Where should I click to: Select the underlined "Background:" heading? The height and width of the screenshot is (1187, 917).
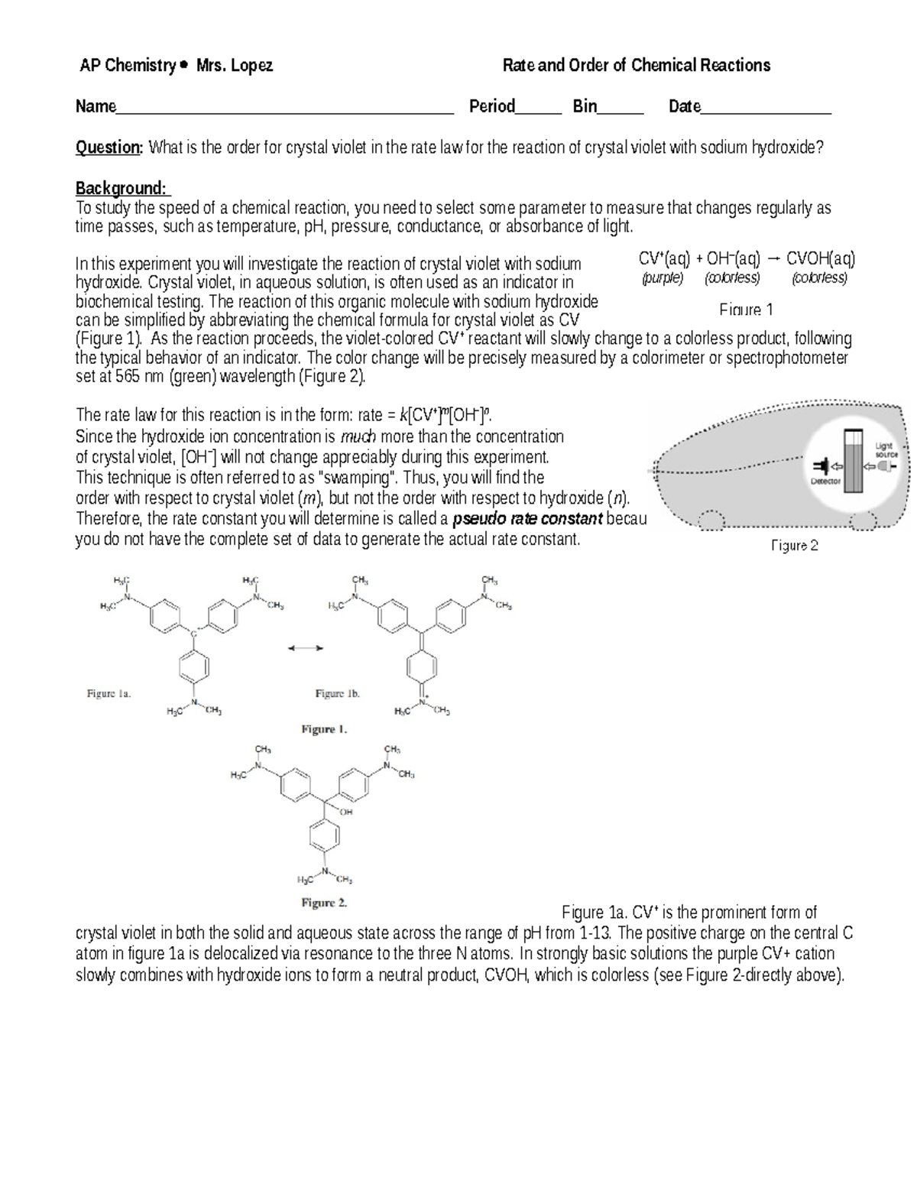[122, 188]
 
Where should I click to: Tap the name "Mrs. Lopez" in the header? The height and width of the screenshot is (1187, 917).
[235, 66]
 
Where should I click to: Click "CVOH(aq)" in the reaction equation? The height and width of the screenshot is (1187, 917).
[821, 258]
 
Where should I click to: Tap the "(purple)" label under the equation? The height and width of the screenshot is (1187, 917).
[663, 278]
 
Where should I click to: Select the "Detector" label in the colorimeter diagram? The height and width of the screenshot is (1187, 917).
[825, 482]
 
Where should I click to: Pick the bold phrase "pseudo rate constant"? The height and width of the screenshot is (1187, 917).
[527, 520]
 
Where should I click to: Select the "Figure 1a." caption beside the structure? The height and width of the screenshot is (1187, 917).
[109, 694]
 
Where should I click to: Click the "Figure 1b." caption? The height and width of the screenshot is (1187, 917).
[337, 694]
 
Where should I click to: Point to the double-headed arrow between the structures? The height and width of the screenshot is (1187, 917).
[306, 648]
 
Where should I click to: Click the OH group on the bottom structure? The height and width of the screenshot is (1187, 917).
[346, 812]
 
